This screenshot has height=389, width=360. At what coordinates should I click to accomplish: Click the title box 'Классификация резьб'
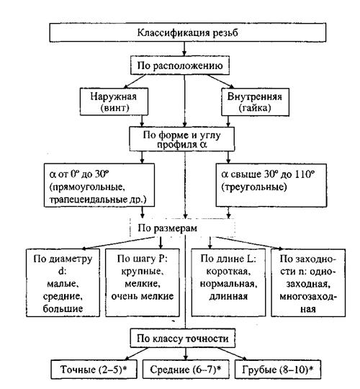pos(187,32)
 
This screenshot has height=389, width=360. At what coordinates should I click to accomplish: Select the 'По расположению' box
pos(180,66)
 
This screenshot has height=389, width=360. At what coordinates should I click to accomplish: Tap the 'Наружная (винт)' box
pos(114,102)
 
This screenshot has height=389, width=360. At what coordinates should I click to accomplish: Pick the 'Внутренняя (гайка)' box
pos(255,102)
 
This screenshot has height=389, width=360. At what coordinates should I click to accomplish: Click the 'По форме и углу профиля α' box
pos(181,139)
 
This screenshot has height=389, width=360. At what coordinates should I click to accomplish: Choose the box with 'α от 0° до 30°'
pos(99,185)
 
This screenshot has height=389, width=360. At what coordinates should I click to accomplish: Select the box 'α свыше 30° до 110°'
pos(271,185)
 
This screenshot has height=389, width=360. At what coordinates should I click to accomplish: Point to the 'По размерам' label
pos(168,228)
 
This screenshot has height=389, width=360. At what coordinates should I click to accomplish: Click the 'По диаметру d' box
pos(63,283)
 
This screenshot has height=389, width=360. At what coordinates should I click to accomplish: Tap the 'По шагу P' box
pos(143,283)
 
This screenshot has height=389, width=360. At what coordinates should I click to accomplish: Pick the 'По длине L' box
pos(228,283)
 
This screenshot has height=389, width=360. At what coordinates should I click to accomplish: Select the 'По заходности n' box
pos(308,283)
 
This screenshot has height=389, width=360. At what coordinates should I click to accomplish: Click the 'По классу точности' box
pos(183,339)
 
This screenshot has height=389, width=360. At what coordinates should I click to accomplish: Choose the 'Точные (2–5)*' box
pos(94,370)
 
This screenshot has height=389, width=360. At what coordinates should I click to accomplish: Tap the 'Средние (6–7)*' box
pos(186,370)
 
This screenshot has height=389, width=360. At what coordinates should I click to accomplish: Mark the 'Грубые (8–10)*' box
pos(278,370)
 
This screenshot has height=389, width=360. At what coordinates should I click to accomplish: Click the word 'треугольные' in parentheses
pos(254,187)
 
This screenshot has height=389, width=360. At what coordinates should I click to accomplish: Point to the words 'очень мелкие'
pos(143,296)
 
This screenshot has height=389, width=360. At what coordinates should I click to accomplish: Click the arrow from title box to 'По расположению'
pos(184,49)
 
